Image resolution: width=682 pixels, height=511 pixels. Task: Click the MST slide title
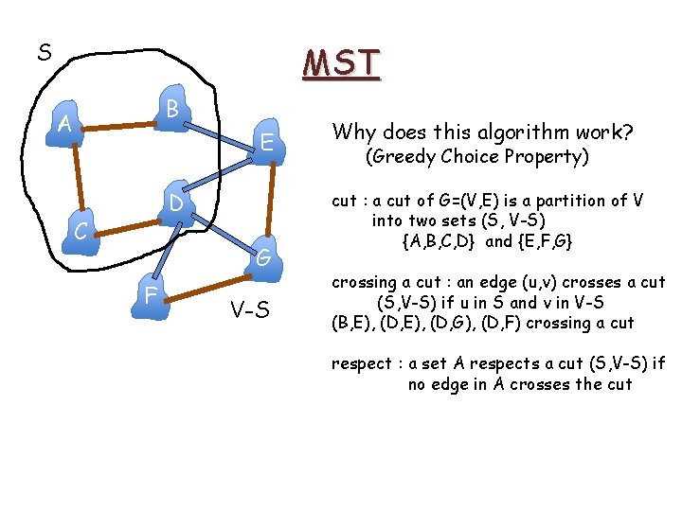[341, 63]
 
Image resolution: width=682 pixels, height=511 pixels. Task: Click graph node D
[176, 205]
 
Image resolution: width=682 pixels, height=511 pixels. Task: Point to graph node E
[268, 143]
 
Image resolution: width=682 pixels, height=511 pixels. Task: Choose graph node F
[152, 295]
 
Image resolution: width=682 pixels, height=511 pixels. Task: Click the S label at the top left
[45, 53]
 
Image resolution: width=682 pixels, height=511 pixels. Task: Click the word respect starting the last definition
[364, 363]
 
